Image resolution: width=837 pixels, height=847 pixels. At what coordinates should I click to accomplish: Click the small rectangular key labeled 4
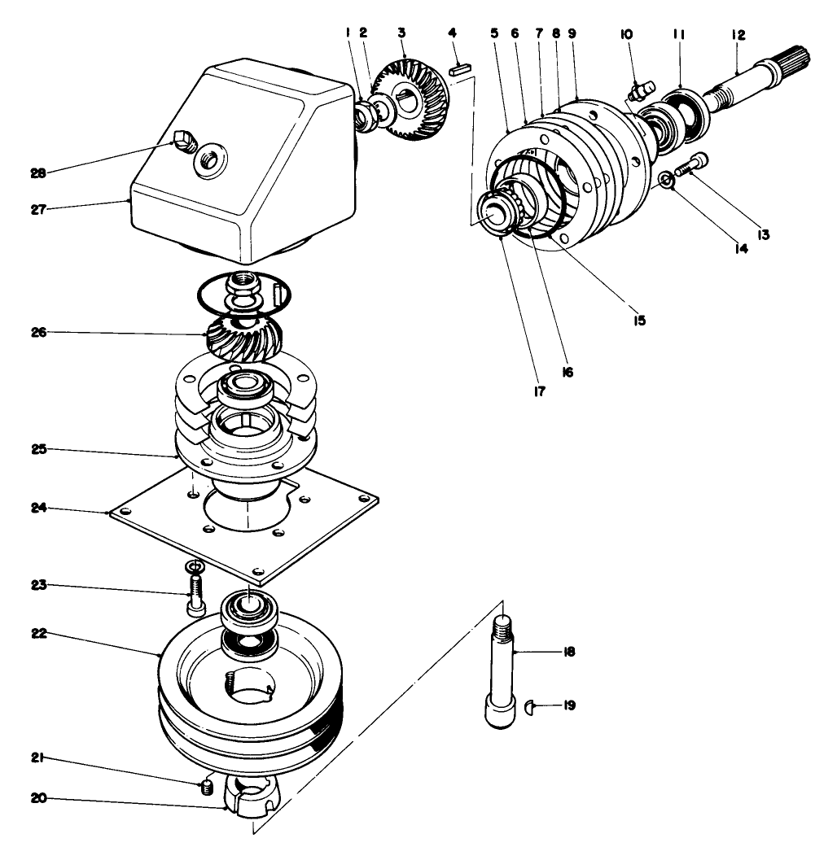coord(459,71)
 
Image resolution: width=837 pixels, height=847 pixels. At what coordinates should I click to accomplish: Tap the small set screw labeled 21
coord(207,787)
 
